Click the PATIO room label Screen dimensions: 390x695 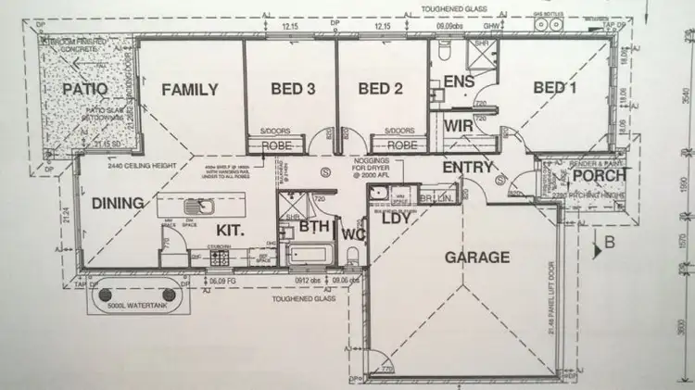coord(85,89)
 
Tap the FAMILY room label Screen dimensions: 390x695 coord(189,90)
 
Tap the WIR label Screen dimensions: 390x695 coord(459,125)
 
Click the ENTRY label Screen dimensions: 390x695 coord(467,167)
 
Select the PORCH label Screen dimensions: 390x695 coord(597,175)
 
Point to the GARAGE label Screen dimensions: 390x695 coord(478,257)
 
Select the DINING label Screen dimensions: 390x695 coord(117,203)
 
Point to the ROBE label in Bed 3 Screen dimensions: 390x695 coord(277,145)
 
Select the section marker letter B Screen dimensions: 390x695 coord(610,245)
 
